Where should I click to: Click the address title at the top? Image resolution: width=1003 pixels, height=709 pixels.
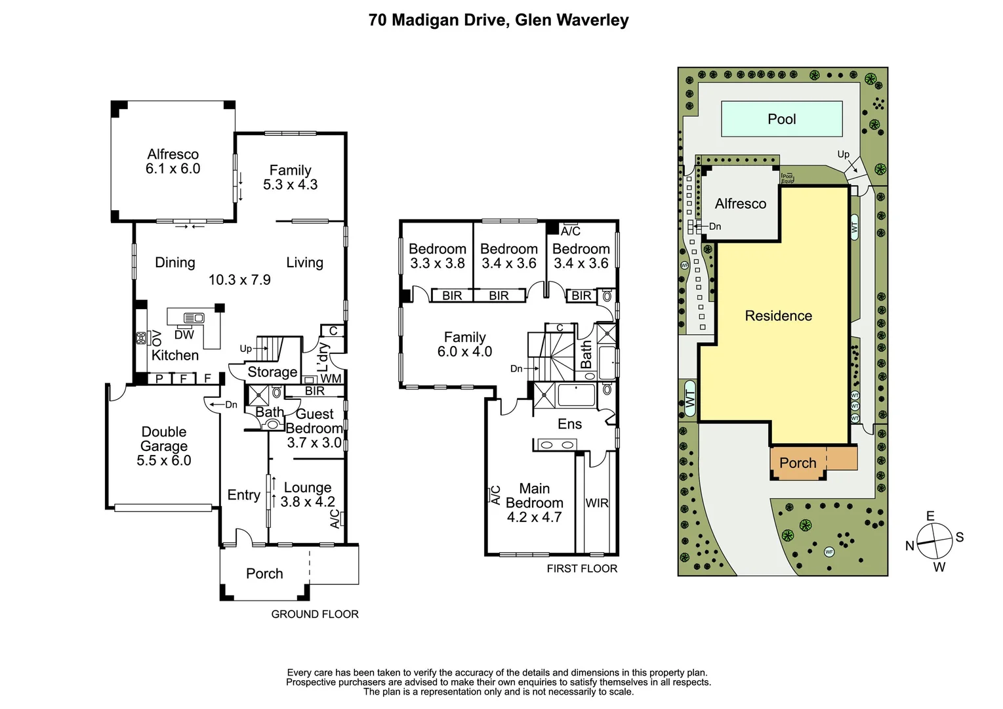499,20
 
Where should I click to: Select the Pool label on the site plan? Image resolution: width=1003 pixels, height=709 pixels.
781,119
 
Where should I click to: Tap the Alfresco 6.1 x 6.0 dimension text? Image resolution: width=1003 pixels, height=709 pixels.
173,169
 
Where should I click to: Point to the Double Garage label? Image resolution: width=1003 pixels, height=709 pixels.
164,439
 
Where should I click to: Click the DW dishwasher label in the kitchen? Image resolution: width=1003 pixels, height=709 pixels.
184,335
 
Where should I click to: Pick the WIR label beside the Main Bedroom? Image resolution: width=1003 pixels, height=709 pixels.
597,503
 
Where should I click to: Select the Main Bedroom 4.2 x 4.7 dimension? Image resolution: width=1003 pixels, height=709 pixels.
534,517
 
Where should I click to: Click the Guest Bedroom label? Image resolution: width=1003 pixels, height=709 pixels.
314,421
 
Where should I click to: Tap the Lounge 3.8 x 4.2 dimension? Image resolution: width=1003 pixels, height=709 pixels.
308,502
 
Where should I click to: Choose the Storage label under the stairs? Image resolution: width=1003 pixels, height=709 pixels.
272,372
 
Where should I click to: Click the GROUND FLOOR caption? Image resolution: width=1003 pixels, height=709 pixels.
315,614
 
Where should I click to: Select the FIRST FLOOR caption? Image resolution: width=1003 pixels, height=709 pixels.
582,569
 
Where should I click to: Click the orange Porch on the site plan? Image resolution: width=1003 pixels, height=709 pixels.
798,463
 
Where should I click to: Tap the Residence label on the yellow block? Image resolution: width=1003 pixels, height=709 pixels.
778,316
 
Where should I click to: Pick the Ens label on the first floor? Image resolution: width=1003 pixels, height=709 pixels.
569,424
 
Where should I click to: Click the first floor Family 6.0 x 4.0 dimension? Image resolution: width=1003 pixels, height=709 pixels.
464,352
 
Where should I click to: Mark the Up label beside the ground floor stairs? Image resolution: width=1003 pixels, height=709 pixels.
245,349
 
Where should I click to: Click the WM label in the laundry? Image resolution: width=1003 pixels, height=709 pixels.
331,379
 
